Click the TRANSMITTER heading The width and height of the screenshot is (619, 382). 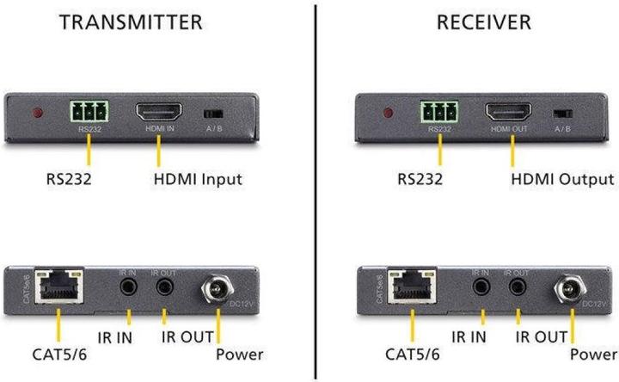click(x=132, y=22)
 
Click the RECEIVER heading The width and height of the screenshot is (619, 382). click(x=484, y=22)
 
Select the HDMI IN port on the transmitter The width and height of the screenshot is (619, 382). click(x=157, y=113)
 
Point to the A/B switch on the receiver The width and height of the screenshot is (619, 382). click(x=563, y=114)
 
